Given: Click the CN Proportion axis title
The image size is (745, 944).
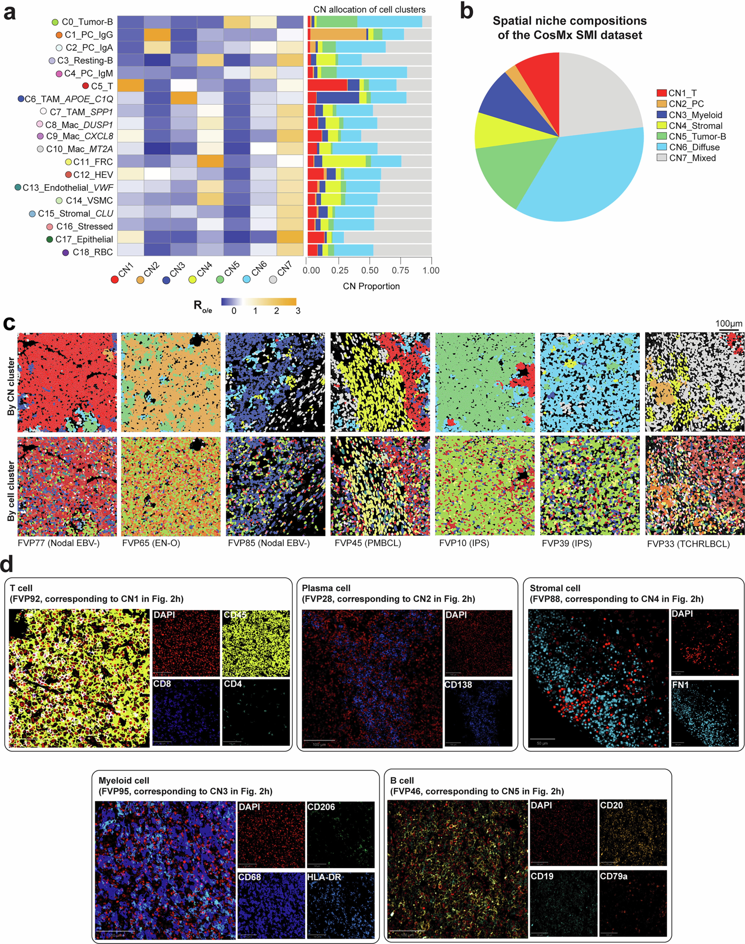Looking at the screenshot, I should click(371, 286).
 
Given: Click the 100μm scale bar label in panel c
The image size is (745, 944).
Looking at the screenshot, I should click(728, 324).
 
